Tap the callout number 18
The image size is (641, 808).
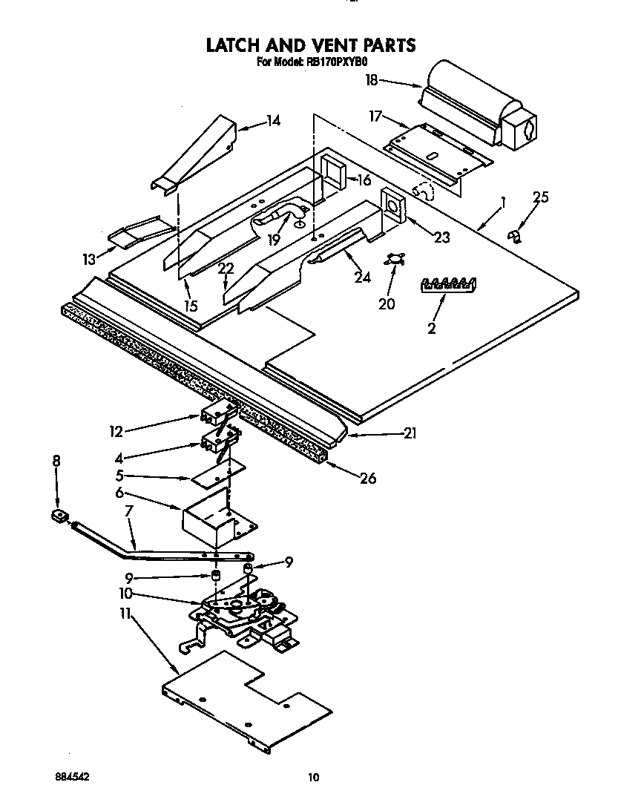tap(372, 80)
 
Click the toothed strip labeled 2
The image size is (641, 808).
tap(448, 283)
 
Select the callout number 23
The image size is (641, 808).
tap(441, 237)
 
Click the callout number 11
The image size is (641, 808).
tap(125, 614)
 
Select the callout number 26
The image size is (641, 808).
tap(367, 479)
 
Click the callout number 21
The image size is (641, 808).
tap(407, 434)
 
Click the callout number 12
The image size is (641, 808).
tap(115, 431)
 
